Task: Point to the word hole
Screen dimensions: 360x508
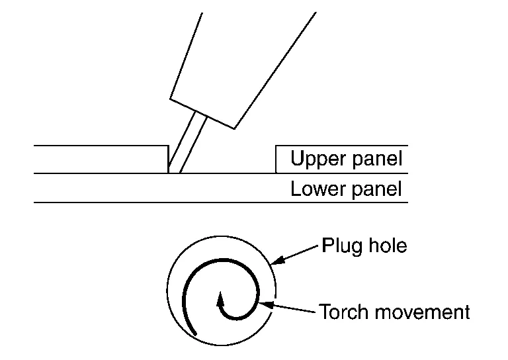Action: (387, 247)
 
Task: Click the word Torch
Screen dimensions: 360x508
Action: (344, 311)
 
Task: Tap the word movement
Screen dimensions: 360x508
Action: (419, 311)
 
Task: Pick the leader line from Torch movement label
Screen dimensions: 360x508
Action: (291, 308)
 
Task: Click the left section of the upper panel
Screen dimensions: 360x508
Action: (99, 159)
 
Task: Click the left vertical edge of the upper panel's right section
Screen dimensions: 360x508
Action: (276, 159)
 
